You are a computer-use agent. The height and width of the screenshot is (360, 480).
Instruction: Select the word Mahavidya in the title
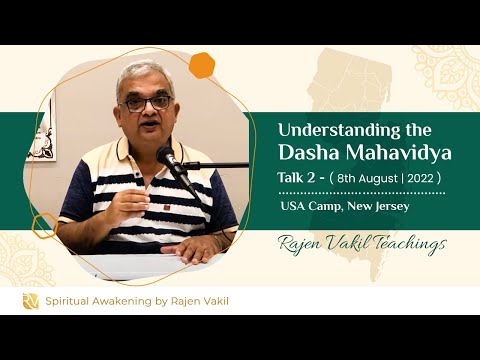tap(403, 152)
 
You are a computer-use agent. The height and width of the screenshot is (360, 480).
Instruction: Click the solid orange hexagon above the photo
tap(203, 64)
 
